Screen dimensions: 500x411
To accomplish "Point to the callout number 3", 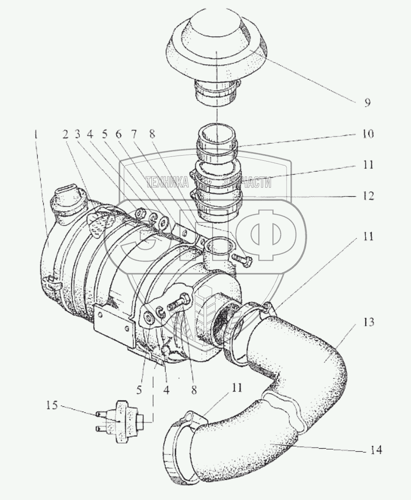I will pyautogui.click(x=79, y=135).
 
